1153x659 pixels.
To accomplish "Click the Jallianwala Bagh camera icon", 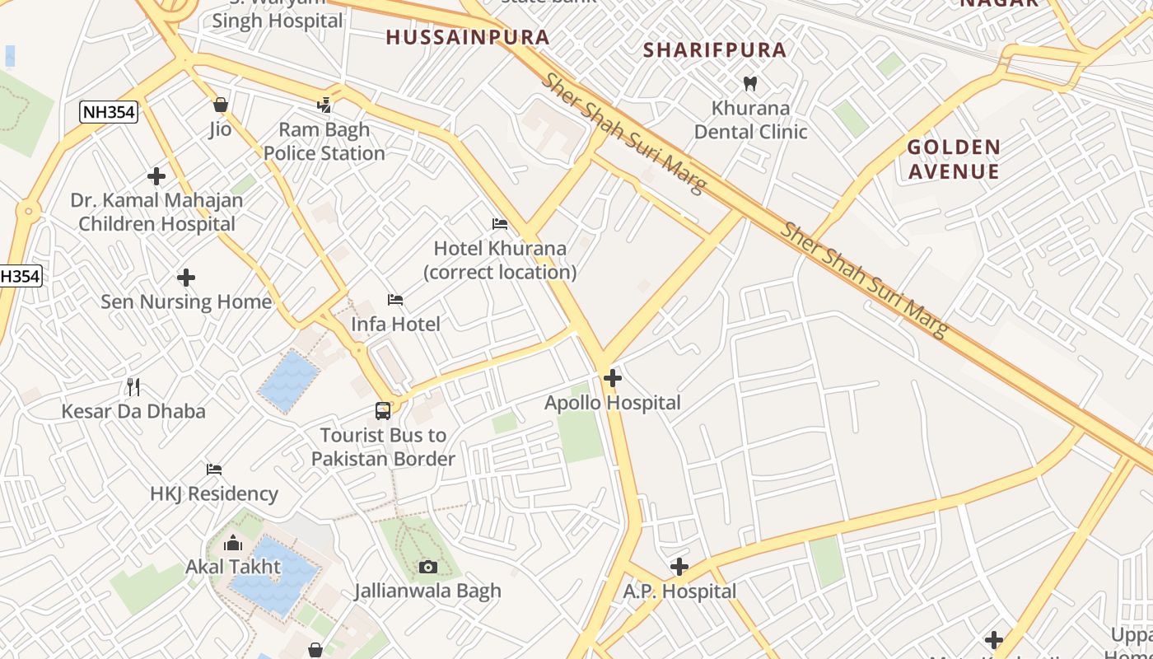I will pos(428,567).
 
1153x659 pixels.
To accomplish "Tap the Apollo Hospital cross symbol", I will pos(613,378).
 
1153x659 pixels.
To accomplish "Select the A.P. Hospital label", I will pos(679,591).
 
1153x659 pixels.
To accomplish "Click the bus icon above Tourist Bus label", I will pos(383,411).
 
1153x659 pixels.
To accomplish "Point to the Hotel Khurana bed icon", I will pos(500,224).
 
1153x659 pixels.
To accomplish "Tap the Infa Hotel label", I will pos(395,324).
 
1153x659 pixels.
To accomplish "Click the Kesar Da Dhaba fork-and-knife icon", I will pos(133,386).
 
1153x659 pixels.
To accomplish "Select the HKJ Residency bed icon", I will pos(214,470).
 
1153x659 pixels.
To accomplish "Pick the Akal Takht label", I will pos(233,567).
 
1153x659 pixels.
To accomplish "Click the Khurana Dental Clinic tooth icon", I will pos(750,83).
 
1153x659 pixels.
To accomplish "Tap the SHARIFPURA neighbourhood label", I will pos(715,49).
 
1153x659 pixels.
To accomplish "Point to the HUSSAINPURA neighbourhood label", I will pos(468,37).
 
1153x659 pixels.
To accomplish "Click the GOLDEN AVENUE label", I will pos(954,159).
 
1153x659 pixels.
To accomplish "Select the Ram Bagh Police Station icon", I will pos(325,105).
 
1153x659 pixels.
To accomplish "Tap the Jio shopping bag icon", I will pos(220,105).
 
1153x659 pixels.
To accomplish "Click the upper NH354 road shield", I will pos(109,113).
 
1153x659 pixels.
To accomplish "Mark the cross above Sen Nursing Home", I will pos(186,278).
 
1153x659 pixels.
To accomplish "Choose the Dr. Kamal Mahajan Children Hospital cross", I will pos(156,176).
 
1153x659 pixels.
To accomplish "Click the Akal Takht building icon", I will pos(233,543).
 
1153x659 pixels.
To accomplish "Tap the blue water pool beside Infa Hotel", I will pos(288,380).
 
